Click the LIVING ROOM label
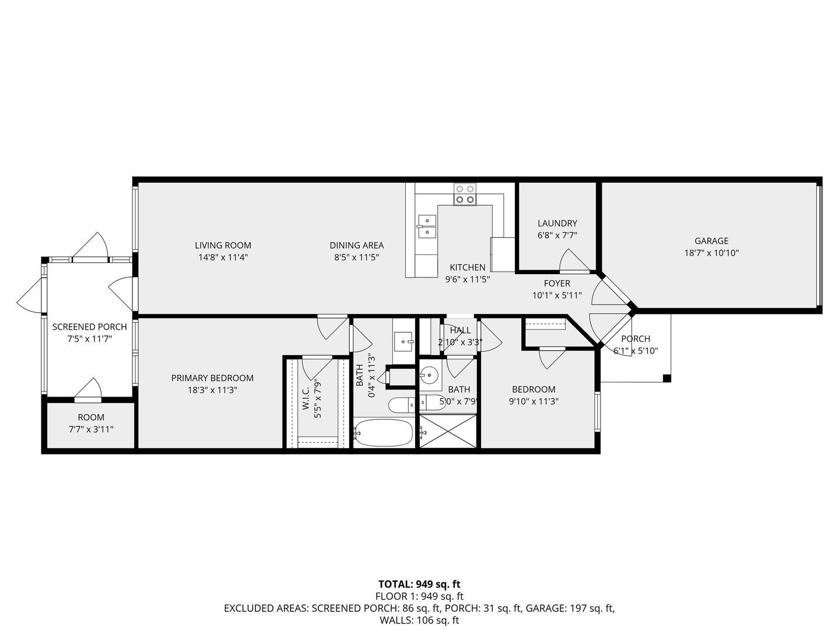[x=223, y=246]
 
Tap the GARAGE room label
[x=711, y=241]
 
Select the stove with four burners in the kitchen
[x=465, y=194]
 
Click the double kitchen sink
[x=427, y=227]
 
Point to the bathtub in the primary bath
[x=383, y=433]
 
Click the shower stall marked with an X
[x=448, y=431]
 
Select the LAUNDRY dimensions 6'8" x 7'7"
[x=557, y=235]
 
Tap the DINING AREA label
[x=357, y=246]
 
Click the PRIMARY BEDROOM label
[x=212, y=378]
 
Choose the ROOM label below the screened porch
[x=91, y=418]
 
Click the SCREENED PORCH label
[x=89, y=327]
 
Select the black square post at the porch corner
[x=666, y=379]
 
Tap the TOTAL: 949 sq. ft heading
[x=419, y=584]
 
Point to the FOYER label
[x=557, y=283]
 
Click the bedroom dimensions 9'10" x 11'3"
[x=533, y=401]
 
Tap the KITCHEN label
[x=468, y=268]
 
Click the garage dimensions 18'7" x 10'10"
[x=711, y=253]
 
